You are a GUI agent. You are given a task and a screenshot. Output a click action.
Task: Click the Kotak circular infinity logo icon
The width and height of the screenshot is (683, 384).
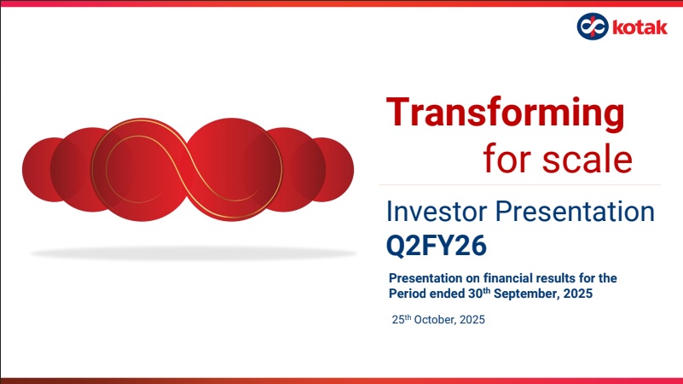click(593, 26)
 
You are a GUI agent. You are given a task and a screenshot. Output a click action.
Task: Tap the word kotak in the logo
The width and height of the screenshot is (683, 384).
click(640, 27)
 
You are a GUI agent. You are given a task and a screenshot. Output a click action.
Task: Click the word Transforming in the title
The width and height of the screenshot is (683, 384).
click(506, 113)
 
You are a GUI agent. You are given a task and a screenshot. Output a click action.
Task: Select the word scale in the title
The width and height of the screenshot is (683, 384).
click(587, 159)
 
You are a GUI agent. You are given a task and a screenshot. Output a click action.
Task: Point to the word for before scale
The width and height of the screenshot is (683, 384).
click(509, 158)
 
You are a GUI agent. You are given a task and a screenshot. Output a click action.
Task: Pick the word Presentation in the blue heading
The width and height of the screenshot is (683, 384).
click(575, 212)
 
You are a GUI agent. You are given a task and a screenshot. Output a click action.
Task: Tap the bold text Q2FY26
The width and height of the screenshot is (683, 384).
click(437, 246)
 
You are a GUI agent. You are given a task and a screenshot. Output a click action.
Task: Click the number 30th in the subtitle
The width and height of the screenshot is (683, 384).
click(479, 293)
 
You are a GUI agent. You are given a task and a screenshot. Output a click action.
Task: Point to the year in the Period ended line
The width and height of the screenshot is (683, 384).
click(577, 294)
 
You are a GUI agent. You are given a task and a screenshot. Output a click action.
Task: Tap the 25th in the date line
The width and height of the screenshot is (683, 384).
click(402, 319)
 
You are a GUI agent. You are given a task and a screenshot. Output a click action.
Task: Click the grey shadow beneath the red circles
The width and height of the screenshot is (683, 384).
click(194, 253)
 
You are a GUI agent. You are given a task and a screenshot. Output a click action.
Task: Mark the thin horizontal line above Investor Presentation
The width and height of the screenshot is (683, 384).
click(519, 185)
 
